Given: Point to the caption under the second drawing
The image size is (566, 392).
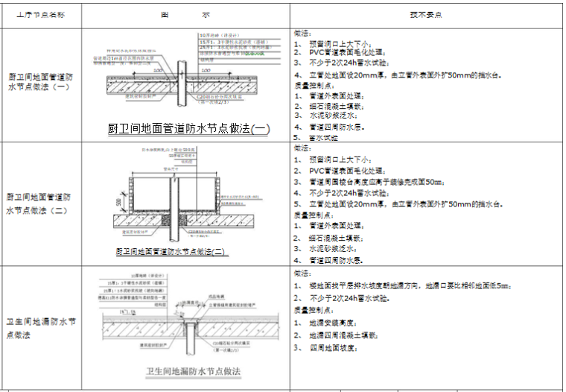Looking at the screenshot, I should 171,252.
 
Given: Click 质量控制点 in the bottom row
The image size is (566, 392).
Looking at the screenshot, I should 313,309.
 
